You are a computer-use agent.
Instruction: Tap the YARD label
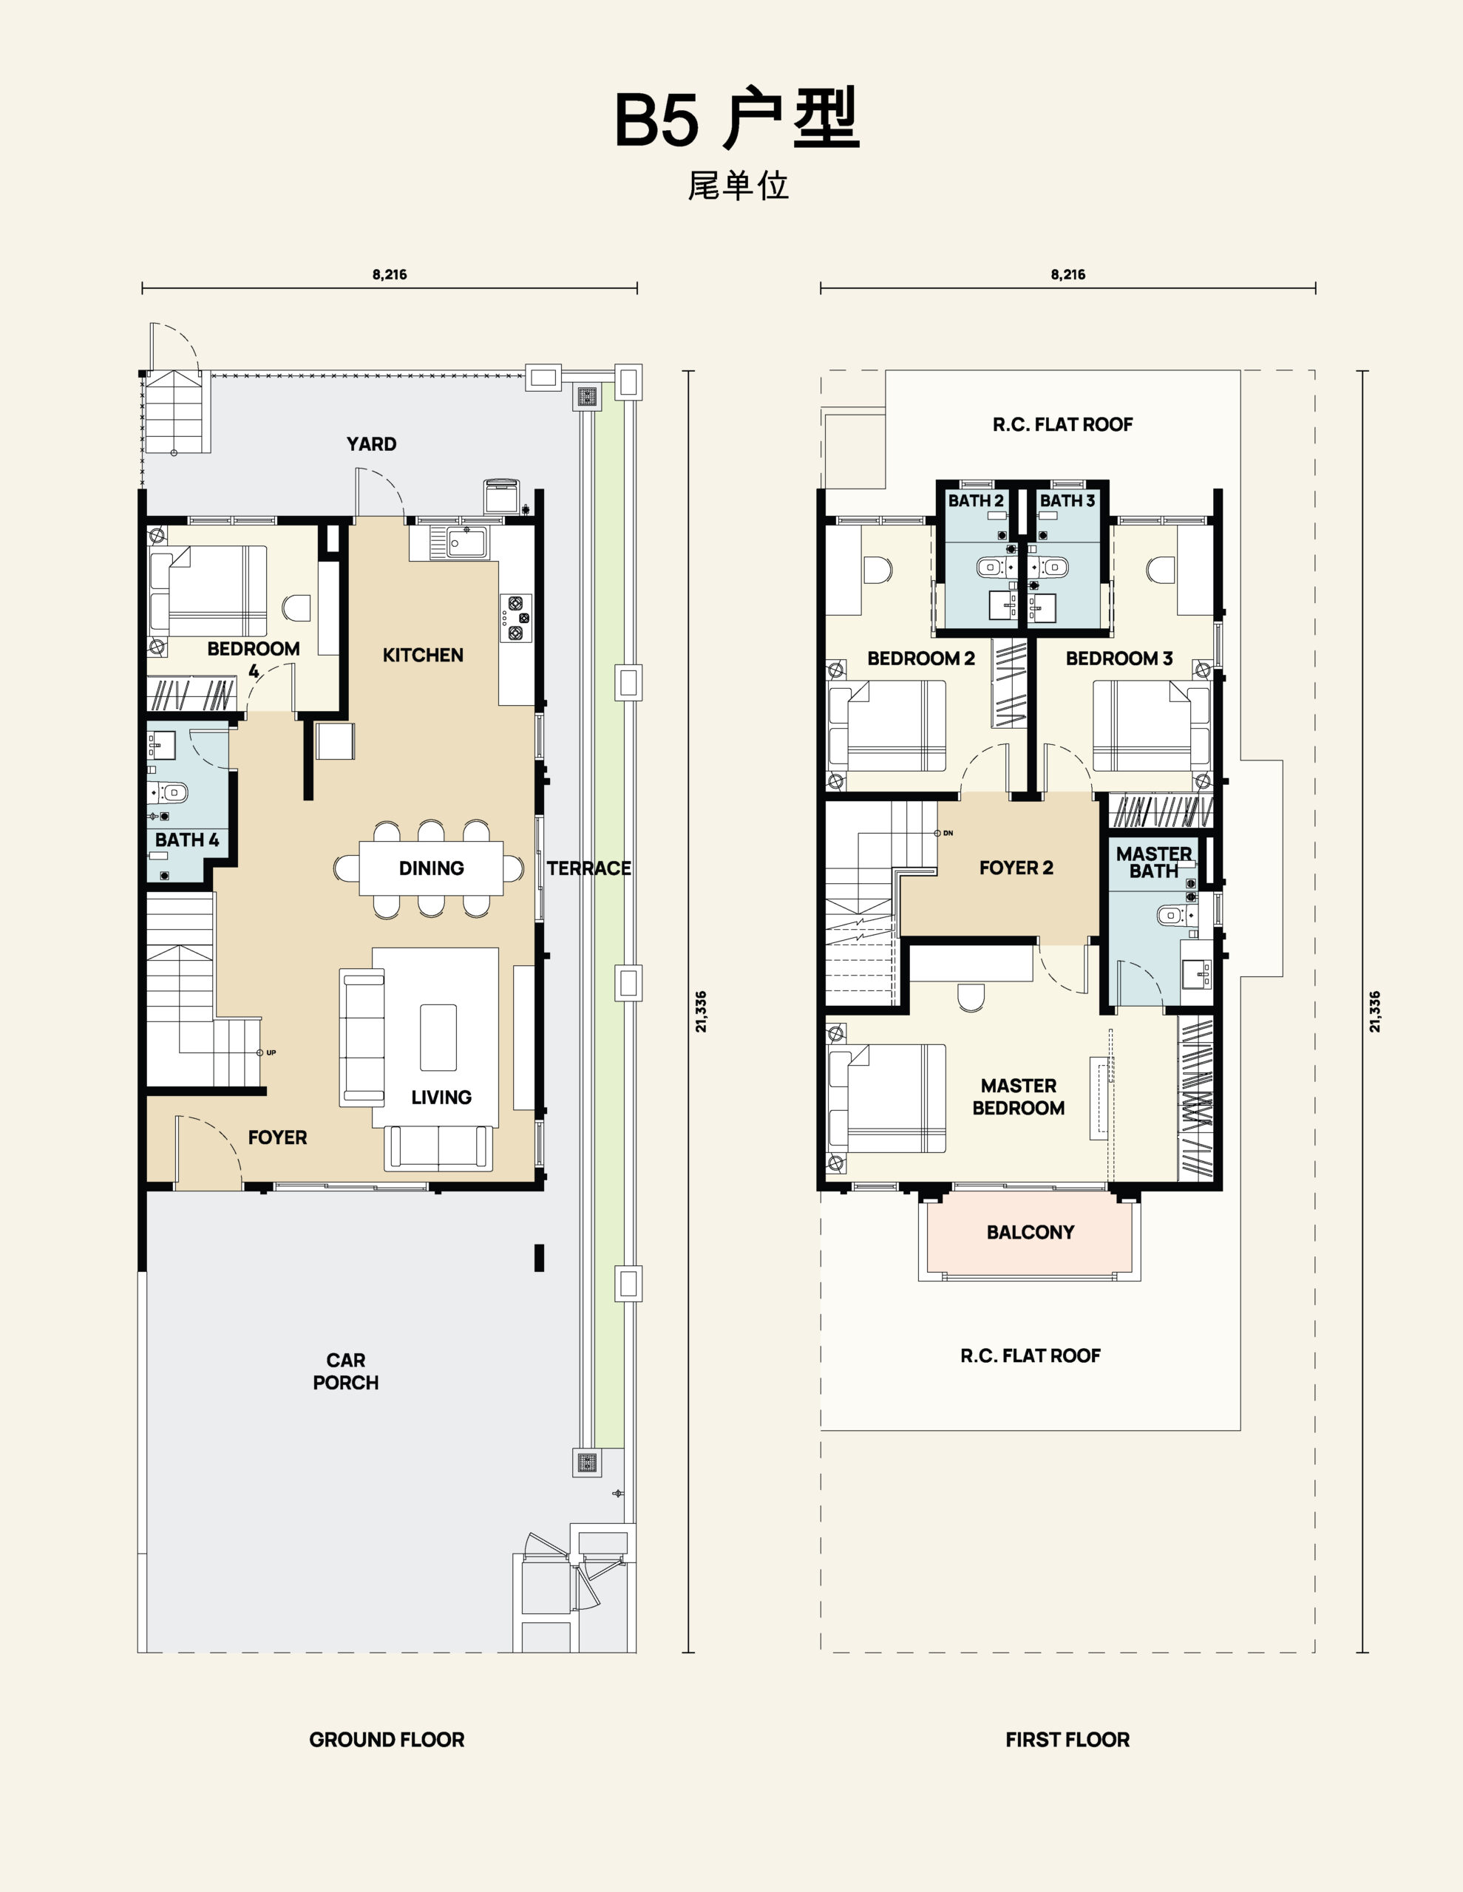371,444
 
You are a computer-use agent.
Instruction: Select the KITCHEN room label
423,655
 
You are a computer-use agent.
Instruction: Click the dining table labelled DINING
431,868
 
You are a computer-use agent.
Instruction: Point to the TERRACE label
588,868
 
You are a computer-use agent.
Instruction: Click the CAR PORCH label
346,1372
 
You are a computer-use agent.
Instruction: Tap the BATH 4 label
187,840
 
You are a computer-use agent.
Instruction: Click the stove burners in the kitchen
516,618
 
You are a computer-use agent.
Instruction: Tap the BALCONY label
1031,1232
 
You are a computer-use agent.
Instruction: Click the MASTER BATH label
1153,862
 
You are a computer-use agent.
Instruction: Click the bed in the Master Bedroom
886,1098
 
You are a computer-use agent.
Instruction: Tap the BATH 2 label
976,501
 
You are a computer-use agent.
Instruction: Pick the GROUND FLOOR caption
387,1740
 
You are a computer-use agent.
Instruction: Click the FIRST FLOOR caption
1067,1740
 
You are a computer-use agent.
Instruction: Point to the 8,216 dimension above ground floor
390,275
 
